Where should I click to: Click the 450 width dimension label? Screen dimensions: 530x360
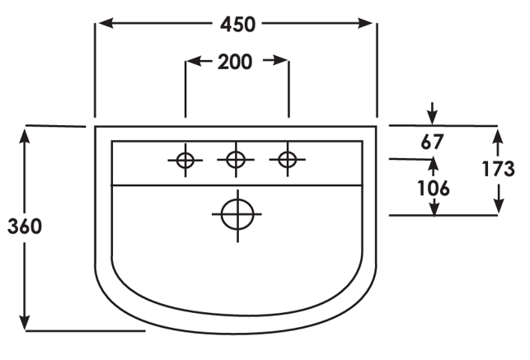coord(237,25)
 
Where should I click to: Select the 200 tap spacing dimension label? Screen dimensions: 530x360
coord(235,62)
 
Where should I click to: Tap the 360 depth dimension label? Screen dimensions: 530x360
coord(25,227)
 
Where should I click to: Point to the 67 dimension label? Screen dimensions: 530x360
coord(432,142)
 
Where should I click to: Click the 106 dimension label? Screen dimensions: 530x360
coord(434,188)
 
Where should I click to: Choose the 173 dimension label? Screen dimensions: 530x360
coord(498,169)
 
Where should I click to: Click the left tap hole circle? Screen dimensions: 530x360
coord(185,160)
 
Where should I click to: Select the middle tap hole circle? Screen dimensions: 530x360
coord(236,159)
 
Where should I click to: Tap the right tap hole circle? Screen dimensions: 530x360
coord(288,159)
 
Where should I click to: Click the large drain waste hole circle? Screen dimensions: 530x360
coord(237,214)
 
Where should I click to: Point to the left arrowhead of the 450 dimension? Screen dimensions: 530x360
coord(106,23)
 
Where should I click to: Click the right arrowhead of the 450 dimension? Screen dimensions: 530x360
coord(365,23)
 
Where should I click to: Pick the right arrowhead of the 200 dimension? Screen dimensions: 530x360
coord(280,60)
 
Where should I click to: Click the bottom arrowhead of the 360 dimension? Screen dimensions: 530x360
coord(25,322)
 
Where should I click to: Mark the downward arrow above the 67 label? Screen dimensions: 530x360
coord(432,114)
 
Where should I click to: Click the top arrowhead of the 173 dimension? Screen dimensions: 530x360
coord(498,137)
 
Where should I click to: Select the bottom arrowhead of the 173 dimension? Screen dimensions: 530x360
coord(499,206)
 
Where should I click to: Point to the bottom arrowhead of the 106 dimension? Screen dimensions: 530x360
coord(434,207)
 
